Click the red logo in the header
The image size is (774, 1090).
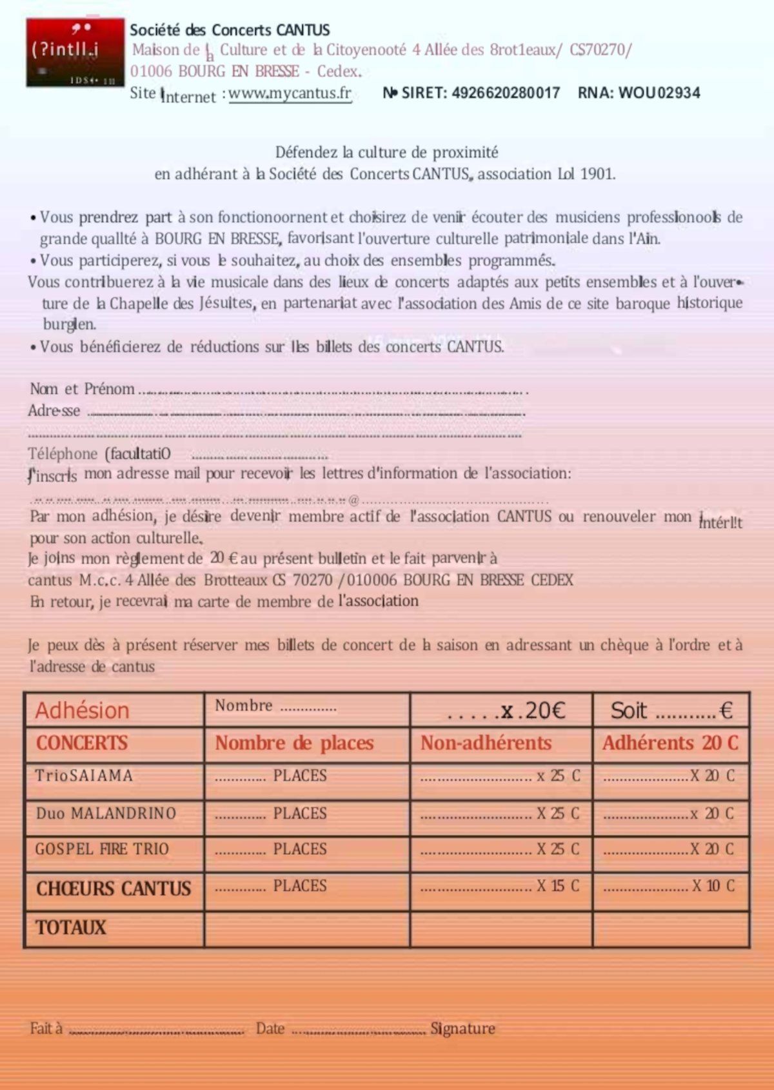[75, 52]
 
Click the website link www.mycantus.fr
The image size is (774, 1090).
[290, 94]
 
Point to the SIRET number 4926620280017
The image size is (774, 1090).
[506, 93]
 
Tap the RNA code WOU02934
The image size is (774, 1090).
[659, 93]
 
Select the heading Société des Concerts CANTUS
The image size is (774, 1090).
[230, 30]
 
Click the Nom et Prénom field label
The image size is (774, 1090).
[82, 389]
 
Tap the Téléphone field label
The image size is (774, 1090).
[63, 454]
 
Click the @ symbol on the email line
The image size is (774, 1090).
[353, 500]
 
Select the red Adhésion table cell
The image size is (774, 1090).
[82, 710]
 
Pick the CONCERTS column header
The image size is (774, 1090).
[82, 743]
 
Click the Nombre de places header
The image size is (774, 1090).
[294, 743]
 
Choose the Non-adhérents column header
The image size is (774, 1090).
[486, 743]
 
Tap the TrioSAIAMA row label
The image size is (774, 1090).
[84, 775]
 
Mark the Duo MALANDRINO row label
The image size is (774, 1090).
[106, 813]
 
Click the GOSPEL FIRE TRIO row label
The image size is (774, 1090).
[102, 849]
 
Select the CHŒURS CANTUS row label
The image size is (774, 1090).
[114, 889]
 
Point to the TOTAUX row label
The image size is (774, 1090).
[70, 927]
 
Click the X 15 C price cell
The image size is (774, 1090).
[558, 886]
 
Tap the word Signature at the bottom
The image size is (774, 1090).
[462, 1029]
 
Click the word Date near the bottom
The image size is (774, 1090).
[270, 1029]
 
